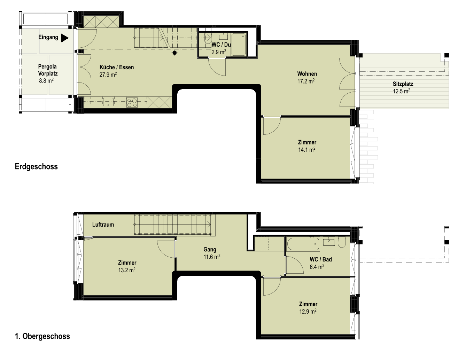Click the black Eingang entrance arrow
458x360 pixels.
65,38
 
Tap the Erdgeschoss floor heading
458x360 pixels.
36,166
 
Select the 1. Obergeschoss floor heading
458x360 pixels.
42,336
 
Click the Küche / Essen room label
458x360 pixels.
117,67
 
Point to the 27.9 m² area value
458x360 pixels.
108,75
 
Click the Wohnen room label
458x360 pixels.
307,74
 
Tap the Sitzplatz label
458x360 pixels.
403,84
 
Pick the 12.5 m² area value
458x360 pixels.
401,91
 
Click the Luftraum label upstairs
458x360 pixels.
103,225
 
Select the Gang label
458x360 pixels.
210,249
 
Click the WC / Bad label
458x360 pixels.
321,259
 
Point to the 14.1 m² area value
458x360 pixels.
307,150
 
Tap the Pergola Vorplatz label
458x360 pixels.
48,70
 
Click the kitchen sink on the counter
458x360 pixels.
108,102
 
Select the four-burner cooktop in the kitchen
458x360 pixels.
132,102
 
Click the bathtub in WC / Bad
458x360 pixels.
303,244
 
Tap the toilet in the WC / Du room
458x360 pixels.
208,39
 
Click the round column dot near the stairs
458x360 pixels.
174,53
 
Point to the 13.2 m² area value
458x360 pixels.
127,270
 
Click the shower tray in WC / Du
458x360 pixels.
239,45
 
